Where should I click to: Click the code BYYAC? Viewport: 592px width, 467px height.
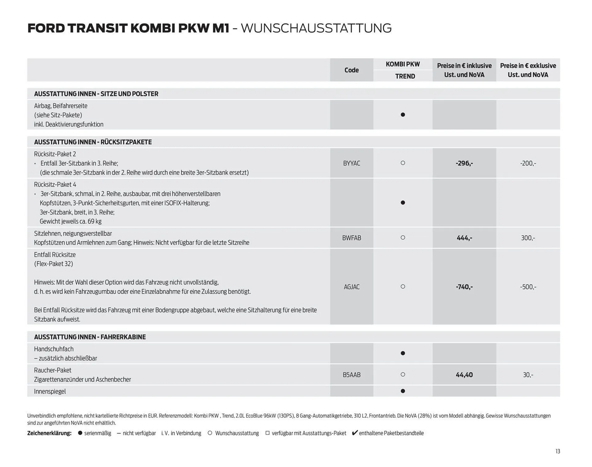pyautogui.click(x=351, y=163)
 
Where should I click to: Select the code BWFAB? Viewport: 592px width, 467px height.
pyautogui.click(x=351, y=238)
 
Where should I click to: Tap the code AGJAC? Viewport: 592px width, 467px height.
pyautogui.click(x=351, y=287)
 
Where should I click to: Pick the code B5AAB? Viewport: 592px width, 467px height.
pyautogui.click(x=351, y=375)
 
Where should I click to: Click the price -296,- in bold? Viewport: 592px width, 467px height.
pyautogui.click(x=464, y=163)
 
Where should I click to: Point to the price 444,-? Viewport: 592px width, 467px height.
pyautogui.click(x=464, y=238)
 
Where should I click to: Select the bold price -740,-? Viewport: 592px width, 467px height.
pyautogui.click(x=464, y=287)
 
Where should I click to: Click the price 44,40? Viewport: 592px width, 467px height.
pyautogui.click(x=464, y=375)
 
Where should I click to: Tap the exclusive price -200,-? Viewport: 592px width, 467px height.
pyautogui.click(x=528, y=163)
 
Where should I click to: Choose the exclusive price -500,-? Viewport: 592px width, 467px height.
pyautogui.click(x=528, y=287)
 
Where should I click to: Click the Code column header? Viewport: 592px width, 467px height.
pyautogui.click(x=351, y=70)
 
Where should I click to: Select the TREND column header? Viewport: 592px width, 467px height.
pyautogui.click(x=405, y=76)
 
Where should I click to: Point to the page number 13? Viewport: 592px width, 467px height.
pyautogui.click(x=557, y=451)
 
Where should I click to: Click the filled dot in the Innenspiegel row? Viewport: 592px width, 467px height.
pyautogui.click(x=403, y=391)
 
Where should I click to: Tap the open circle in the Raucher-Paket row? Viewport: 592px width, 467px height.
pyautogui.click(x=403, y=374)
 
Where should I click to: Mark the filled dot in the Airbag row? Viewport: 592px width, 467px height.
pyautogui.click(x=403, y=115)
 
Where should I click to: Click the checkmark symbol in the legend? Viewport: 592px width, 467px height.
pyautogui.click(x=355, y=433)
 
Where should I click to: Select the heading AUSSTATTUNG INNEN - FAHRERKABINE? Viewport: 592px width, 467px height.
pyautogui.click(x=90, y=337)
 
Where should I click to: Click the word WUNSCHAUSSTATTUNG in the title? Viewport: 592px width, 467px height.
pyautogui.click(x=316, y=28)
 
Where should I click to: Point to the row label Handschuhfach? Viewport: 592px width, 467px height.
pyautogui.click(x=54, y=349)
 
